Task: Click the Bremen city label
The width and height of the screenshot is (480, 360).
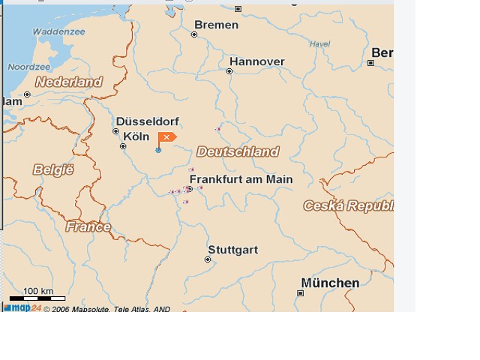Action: [x=216, y=25]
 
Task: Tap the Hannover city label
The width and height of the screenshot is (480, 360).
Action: [x=256, y=61]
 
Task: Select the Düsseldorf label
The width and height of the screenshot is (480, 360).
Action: [x=147, y=121]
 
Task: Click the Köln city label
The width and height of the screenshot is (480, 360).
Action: [x=136, y=136]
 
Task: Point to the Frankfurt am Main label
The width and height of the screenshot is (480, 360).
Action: [x=241, y=180]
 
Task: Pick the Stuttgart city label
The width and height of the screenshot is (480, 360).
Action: [x=232, y=250]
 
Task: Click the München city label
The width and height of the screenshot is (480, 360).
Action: [x=330, y=283]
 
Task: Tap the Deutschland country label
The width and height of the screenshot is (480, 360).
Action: [x=237, y=151]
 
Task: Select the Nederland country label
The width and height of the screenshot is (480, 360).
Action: [x=68, y=82]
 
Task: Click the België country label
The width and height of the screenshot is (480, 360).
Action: [x=53, y=169]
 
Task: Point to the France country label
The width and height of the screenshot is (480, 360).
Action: [x=88, y=226]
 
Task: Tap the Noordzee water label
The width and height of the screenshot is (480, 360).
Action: [x=28, y=67]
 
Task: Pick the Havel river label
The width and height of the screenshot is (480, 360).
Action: [x=319, y=44]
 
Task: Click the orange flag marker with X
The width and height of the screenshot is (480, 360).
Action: [x=166, y=136]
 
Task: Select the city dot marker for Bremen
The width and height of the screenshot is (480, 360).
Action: [x=194, y=34]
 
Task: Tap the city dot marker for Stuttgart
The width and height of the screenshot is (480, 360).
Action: [x=208, y=259]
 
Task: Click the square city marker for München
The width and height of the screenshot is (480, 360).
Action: [x=301, y=293]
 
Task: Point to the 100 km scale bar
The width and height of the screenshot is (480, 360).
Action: [x=37, y=298]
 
